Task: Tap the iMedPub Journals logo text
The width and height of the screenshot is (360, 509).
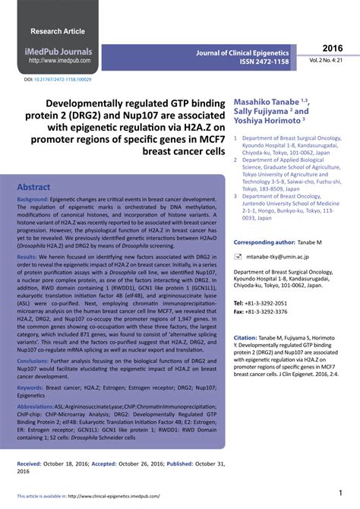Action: click(60, 52)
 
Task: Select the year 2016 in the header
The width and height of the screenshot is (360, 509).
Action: click(333, 47)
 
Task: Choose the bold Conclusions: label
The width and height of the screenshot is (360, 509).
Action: click(35, 361)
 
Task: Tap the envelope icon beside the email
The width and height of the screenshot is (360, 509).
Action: click(238, 258)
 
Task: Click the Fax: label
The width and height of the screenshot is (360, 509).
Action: click(239, 311)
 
